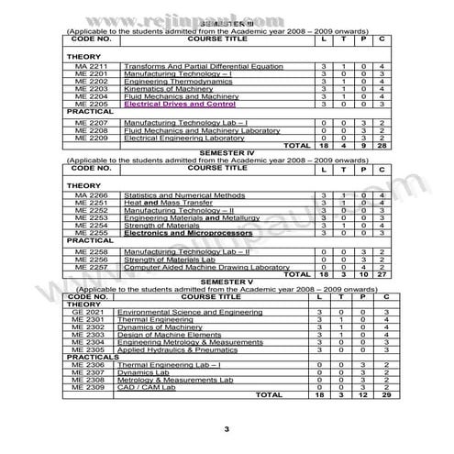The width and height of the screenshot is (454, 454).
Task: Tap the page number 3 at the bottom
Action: (x=227, y=429)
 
